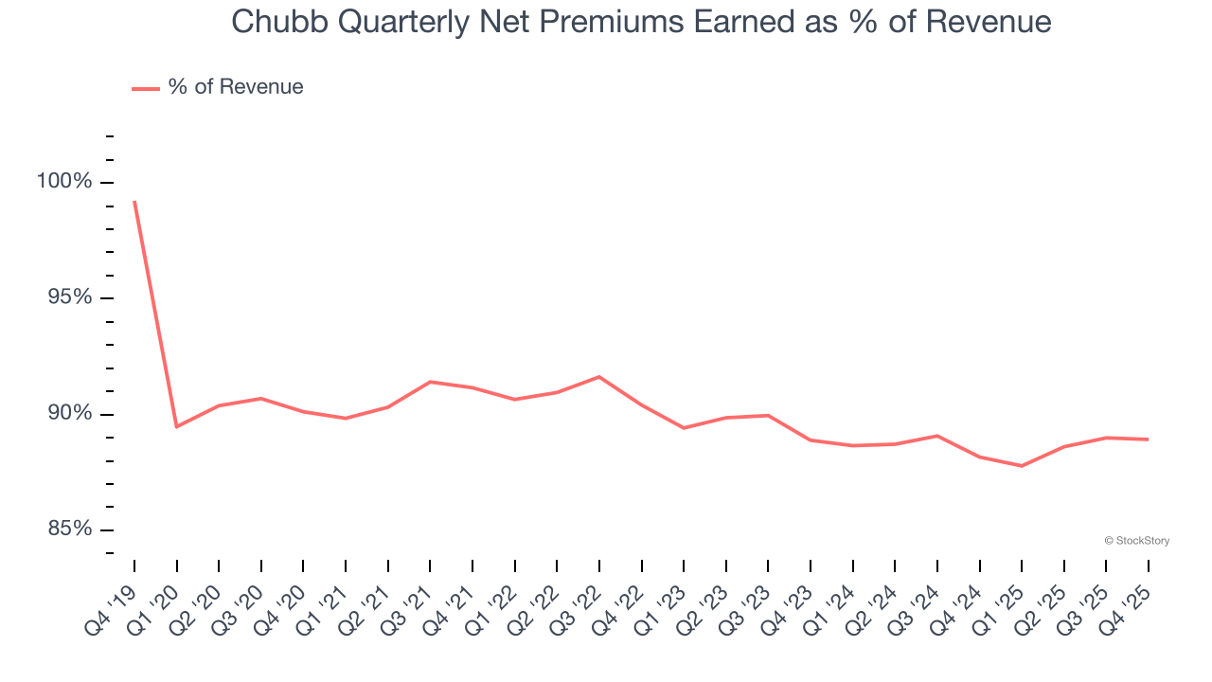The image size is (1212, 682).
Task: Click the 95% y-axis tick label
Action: point(70,297)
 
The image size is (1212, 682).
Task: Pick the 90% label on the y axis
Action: point(70,413)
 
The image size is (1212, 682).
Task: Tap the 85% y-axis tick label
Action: point(70,529)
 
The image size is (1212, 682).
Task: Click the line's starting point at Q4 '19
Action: point(134,202)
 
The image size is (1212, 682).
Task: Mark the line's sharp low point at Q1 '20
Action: point(177,426)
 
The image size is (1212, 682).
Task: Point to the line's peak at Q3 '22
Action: point(599,377)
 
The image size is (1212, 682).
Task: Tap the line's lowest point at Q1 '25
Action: point(1022,466)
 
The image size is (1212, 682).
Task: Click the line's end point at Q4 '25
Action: point(1149,440)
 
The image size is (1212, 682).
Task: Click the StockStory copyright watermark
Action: point(1137,541)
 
